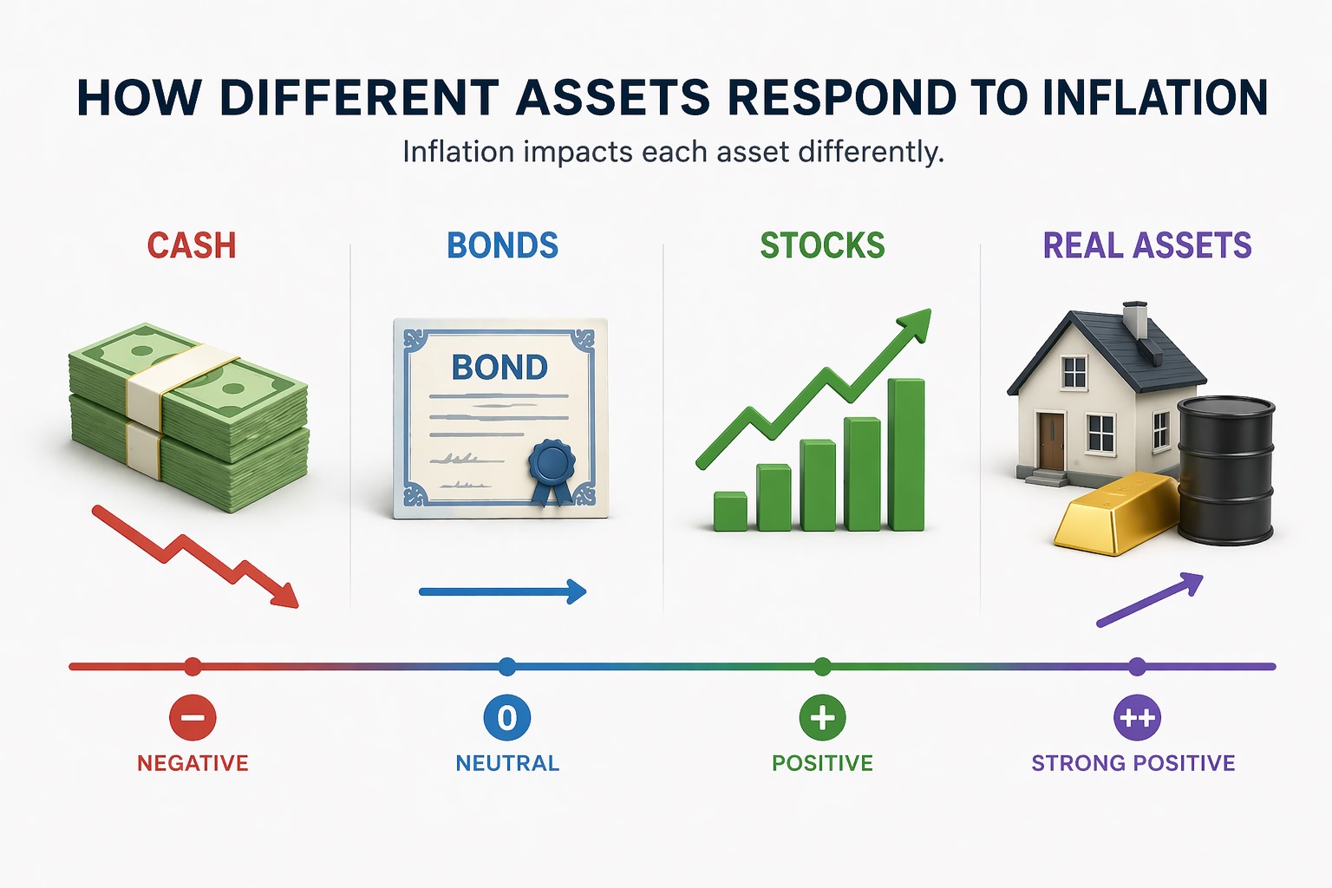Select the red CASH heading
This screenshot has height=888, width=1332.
(x=192, y=246)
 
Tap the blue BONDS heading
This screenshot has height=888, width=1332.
(x=502, y=246)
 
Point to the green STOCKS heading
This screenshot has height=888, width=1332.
(x=822, y=246)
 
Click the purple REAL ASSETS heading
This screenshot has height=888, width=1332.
(x=1146, y=246)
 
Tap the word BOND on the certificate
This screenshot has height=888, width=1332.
(x=499, y=368)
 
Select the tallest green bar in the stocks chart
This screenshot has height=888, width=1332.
(x=906, y=454)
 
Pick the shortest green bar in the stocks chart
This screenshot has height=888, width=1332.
(x=730, y=512)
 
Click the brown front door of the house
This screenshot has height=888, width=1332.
(x=1051, y=441)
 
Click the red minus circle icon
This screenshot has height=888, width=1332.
(x=193, y=718)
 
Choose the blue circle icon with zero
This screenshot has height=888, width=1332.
(x=507, y=718)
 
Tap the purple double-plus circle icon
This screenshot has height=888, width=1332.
(x=1137, y=718)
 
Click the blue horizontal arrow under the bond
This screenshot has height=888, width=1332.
(x=503, y=592)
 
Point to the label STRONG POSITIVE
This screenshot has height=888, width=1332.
(x=1133, y=763)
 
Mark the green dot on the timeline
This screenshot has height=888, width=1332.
(x=822, y=667)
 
